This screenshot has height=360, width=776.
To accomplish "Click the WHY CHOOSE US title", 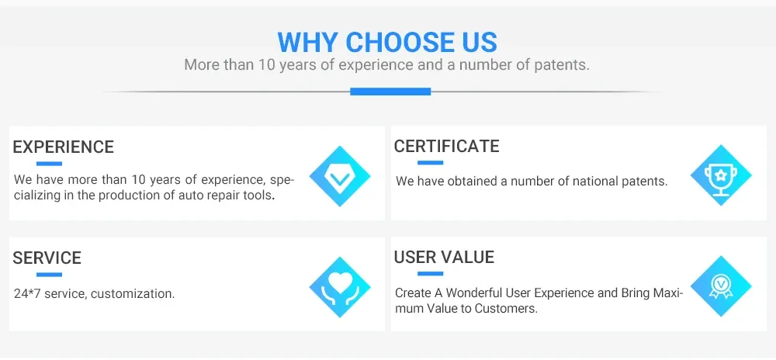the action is click(387, 42).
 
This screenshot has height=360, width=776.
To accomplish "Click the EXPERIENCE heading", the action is click(64, 147).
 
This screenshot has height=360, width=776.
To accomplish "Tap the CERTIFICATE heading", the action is click(446, 147).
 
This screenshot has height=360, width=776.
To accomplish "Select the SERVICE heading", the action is click(47, 258).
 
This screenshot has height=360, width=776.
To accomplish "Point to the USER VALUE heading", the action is click(444, 257).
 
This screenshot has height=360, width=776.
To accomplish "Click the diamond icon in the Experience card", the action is click(340, 176).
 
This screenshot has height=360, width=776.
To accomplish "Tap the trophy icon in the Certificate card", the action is click(721, 175).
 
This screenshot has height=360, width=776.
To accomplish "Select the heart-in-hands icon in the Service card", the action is click(340, 287).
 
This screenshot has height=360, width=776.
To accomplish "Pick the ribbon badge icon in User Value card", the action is click(721, 286).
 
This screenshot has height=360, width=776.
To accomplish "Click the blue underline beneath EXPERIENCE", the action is click(49, 164).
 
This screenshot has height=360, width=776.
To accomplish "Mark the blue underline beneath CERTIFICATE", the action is click(430, 163).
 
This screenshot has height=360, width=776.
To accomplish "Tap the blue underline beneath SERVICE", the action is click(49, 275).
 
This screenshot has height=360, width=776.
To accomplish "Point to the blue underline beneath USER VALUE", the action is click(430, 273).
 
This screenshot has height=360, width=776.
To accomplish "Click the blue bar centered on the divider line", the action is click(390, 92).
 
